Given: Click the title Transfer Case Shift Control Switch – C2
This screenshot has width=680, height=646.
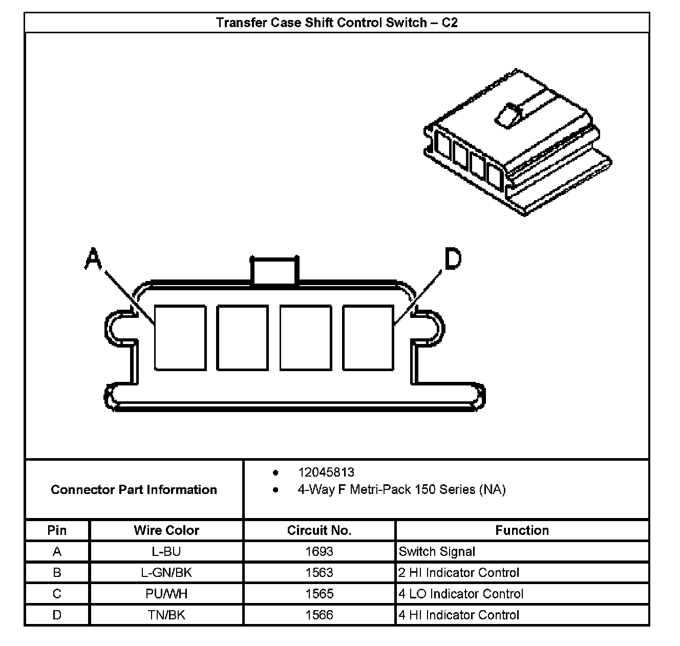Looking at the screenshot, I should pos(336,23).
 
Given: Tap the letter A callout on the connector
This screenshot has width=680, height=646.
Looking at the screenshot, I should pos(93,258).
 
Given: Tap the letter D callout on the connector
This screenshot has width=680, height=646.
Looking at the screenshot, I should pos(453,259).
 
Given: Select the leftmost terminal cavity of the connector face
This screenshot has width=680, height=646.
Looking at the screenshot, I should pos(180,338).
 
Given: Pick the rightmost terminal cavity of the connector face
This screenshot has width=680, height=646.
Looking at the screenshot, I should pos(368,338).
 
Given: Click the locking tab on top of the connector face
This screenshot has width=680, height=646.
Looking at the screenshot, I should pos(274,270).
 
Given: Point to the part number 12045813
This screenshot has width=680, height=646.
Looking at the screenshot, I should pos(326,472).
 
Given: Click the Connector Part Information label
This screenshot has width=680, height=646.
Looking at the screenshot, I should pos(134,490).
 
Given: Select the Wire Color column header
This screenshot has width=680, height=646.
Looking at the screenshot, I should pos(166,530).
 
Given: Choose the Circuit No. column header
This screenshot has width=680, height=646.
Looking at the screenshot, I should pos(319,530).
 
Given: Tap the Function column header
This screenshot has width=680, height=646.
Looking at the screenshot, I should pos(522,530).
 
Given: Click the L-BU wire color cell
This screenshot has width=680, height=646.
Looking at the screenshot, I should pos(166,551).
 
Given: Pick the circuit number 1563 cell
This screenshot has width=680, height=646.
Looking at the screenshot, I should pos(319,573).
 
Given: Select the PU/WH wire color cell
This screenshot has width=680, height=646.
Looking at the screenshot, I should pos(166,594).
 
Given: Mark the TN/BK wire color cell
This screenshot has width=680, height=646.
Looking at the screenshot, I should pos(166,615).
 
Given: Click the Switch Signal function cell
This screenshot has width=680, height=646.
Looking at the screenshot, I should pos(437,551).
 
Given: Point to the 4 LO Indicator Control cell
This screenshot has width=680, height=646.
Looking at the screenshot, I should pos(461,594).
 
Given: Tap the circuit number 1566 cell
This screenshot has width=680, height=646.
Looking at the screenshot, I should pos(319,615).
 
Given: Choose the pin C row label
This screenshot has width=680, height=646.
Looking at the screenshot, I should pos(57,594).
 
